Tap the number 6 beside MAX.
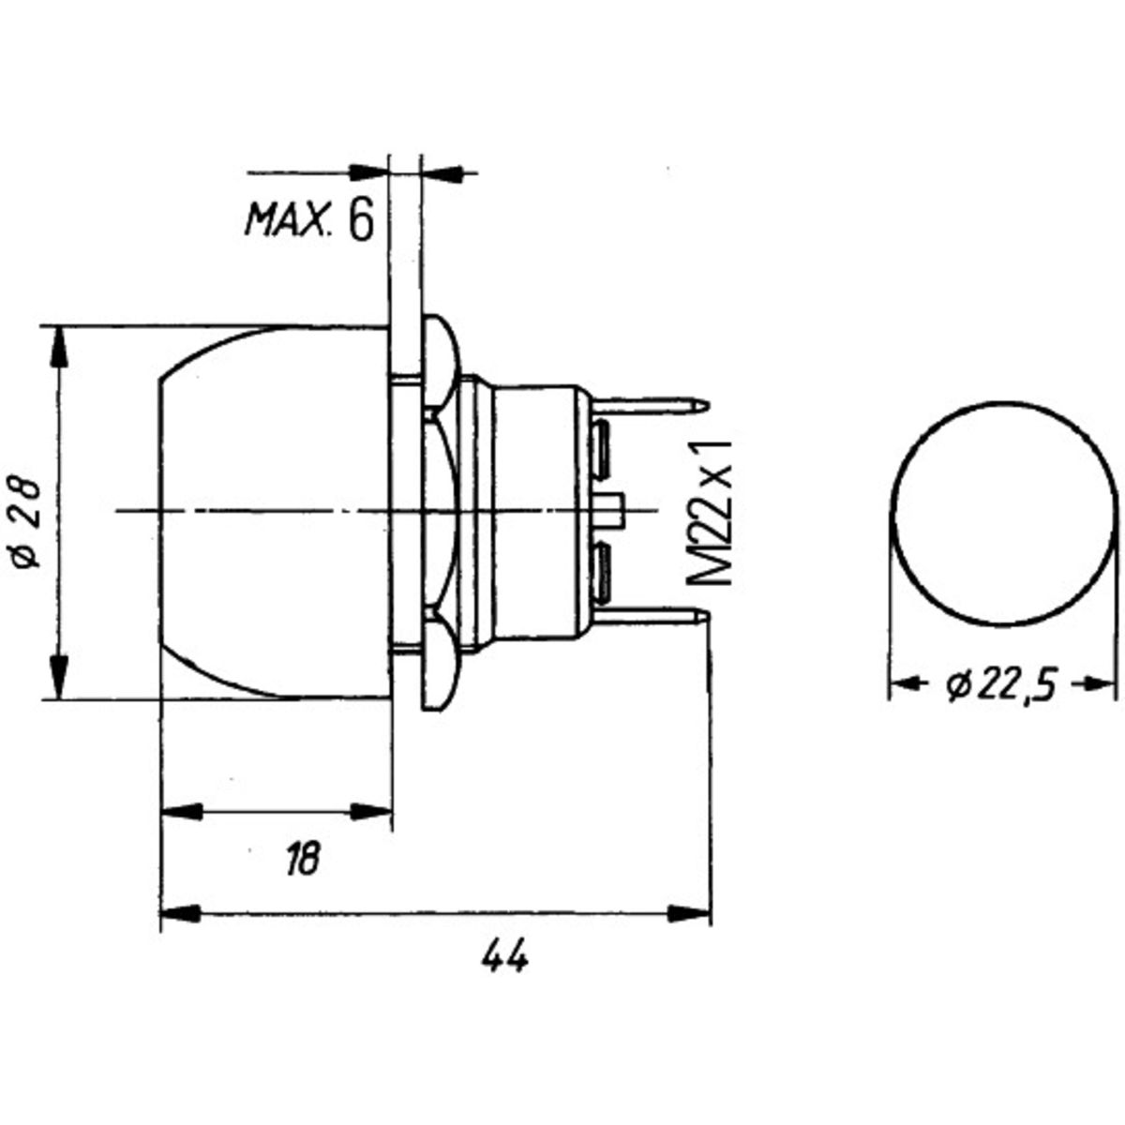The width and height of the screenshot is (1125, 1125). click(360, 220)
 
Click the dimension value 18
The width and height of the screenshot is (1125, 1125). click(304, 858)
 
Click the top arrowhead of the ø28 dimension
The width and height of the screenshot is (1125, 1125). click(59, 347)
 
